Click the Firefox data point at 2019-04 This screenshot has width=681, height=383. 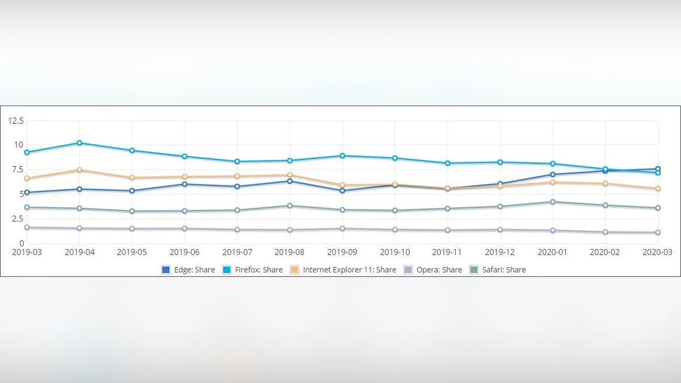(x=79, y=143)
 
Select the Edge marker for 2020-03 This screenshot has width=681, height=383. (x=658, y=169)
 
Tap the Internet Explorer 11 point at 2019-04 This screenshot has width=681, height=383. (x=79, y=170)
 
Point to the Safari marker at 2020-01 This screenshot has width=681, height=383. (x=553, y=202)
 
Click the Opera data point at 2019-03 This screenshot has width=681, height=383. (x=27, y=228)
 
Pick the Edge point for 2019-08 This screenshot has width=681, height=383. (x=290, y=181)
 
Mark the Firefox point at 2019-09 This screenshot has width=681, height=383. (x=342, y=155)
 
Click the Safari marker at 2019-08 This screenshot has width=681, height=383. (x=290, y=205)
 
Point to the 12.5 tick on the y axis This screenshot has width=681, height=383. (x=16, y=121)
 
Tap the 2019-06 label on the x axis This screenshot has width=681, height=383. (x=184, y=252)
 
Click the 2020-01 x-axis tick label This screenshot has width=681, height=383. (x=553, y=252)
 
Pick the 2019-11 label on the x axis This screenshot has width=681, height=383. (x=447, y=252)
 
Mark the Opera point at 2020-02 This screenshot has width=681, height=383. (x=606, y=232)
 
